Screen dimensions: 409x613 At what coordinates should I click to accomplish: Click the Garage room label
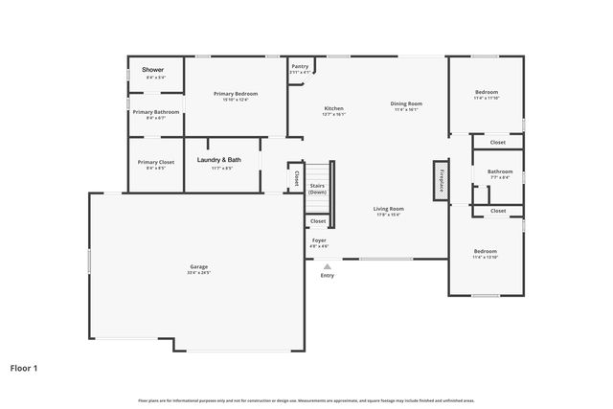(198, 266)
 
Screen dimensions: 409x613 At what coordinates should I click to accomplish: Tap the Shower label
(153, 70)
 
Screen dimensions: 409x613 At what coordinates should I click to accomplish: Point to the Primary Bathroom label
(155, 112)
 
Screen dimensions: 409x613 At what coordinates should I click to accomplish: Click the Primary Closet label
(155, 162)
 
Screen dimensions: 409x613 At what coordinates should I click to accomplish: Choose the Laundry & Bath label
(218, 160)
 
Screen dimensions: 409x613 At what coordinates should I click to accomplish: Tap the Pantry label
(300, 66)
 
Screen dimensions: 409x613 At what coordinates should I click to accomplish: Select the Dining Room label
(406, 103)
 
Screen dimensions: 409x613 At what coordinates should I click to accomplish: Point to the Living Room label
(388, 208)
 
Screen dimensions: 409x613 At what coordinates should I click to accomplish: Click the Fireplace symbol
(441, 180)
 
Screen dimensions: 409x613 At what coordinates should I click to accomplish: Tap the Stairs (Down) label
(317, 189)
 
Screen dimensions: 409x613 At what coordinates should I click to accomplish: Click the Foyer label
(318, 240)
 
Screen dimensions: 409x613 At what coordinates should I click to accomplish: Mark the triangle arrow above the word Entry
(327, 267)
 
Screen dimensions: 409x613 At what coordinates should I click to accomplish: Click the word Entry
(327, 277)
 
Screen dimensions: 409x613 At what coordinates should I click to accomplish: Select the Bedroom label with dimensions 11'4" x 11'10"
(486, 92)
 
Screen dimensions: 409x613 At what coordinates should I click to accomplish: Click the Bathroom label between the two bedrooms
(499, 171)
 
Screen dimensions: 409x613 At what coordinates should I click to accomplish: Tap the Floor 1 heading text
(24, 367)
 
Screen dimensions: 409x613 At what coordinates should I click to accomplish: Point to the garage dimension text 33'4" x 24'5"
(198, 272)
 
